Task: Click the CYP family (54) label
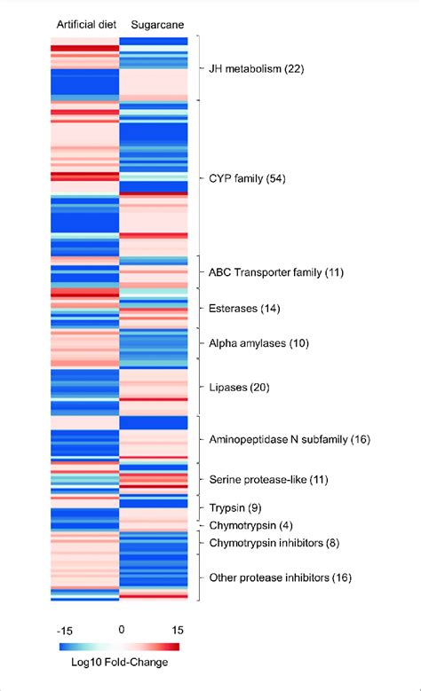(x=254, y=179)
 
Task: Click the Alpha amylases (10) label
(x=258, y=342)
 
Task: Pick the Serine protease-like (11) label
(x=267, y=479)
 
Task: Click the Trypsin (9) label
(x=234, y=508)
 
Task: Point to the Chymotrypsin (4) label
(x=249, y=525)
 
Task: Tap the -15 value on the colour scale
(x=65, y=629)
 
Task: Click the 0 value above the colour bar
(x=121, y=629)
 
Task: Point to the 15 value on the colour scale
(x=177, y=629)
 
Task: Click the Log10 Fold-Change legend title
(x=121, y=662)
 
